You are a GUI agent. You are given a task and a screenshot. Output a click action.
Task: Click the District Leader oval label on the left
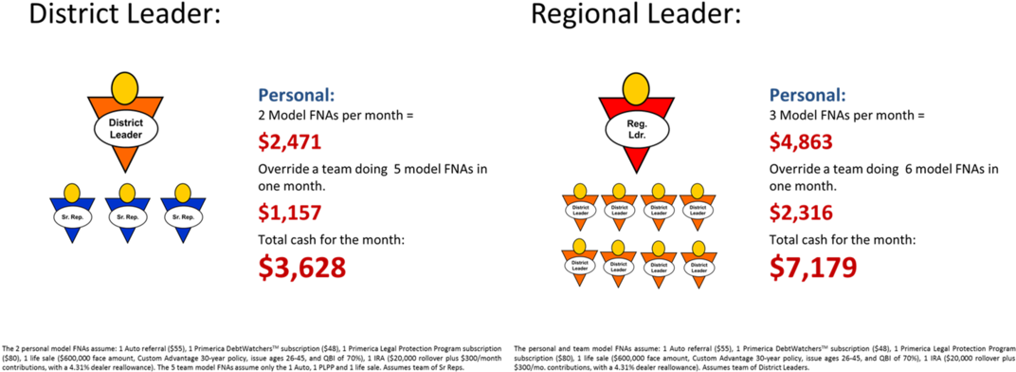(125, 129)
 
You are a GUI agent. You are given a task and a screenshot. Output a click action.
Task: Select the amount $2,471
(290, 142)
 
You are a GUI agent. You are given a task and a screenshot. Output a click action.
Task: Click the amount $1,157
(290, 214)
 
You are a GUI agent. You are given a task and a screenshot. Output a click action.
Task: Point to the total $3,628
(301, 267)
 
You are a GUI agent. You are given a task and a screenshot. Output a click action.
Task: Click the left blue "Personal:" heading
(297, 96)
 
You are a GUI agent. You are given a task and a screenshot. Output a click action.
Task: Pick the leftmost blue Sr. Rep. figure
(71, 216)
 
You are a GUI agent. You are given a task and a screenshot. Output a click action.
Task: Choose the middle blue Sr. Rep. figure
(126, 216)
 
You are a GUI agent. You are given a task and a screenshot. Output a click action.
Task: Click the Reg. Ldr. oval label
(637, 129)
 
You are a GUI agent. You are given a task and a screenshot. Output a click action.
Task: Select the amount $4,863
(801, 142)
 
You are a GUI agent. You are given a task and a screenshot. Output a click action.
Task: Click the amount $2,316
(801, 214)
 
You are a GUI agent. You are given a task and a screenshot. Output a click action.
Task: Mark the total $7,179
(813, 267)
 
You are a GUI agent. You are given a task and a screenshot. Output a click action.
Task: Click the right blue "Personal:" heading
(807, 96)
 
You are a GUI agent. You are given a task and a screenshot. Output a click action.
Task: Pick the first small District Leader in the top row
(580, 209)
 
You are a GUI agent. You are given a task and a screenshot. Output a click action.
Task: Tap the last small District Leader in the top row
(698, 209)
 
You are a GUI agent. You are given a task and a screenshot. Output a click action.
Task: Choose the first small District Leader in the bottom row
(580, 266)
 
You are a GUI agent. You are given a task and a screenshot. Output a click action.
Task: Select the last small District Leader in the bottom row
(698, 266)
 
